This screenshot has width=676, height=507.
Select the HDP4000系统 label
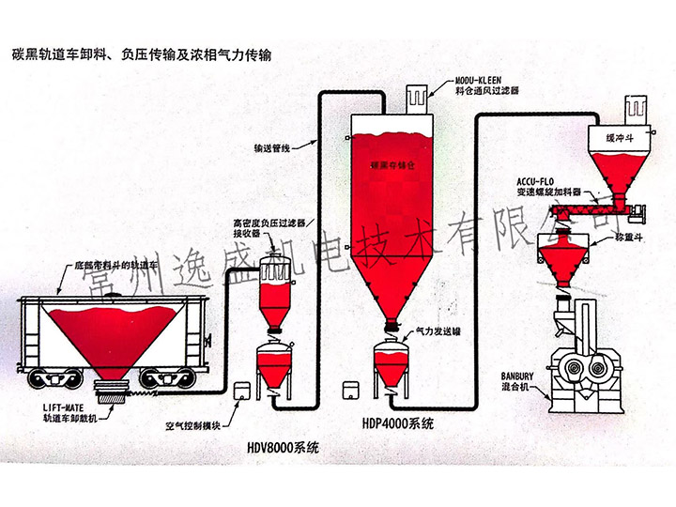[394, 424]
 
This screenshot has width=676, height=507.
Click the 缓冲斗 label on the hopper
[621, 138]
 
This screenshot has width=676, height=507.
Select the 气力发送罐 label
[436, 330]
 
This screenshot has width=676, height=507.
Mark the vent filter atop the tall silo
[416, 97]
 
